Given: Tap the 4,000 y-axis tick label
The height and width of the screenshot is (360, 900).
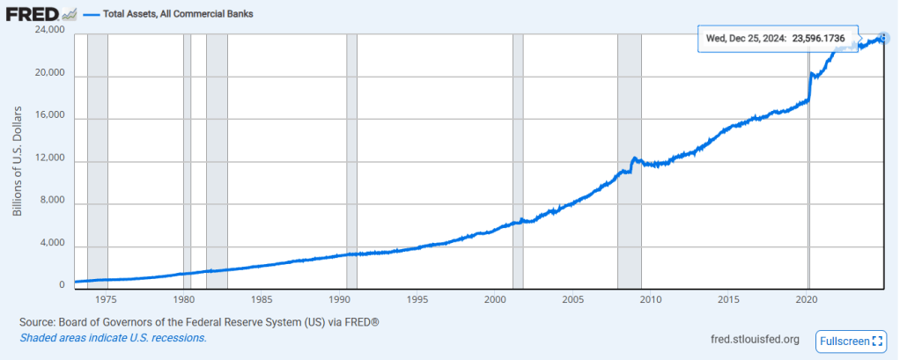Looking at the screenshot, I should coord(54,243).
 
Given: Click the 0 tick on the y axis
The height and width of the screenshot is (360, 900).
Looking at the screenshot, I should coord(62,285).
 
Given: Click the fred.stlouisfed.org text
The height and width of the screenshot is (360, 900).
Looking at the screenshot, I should coord(754,340).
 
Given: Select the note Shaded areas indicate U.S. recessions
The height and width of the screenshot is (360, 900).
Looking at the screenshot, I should coord(114,338).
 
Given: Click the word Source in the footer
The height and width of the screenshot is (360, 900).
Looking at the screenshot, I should coord(38,323).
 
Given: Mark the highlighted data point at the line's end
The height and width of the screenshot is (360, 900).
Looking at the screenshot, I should coord(883,38).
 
